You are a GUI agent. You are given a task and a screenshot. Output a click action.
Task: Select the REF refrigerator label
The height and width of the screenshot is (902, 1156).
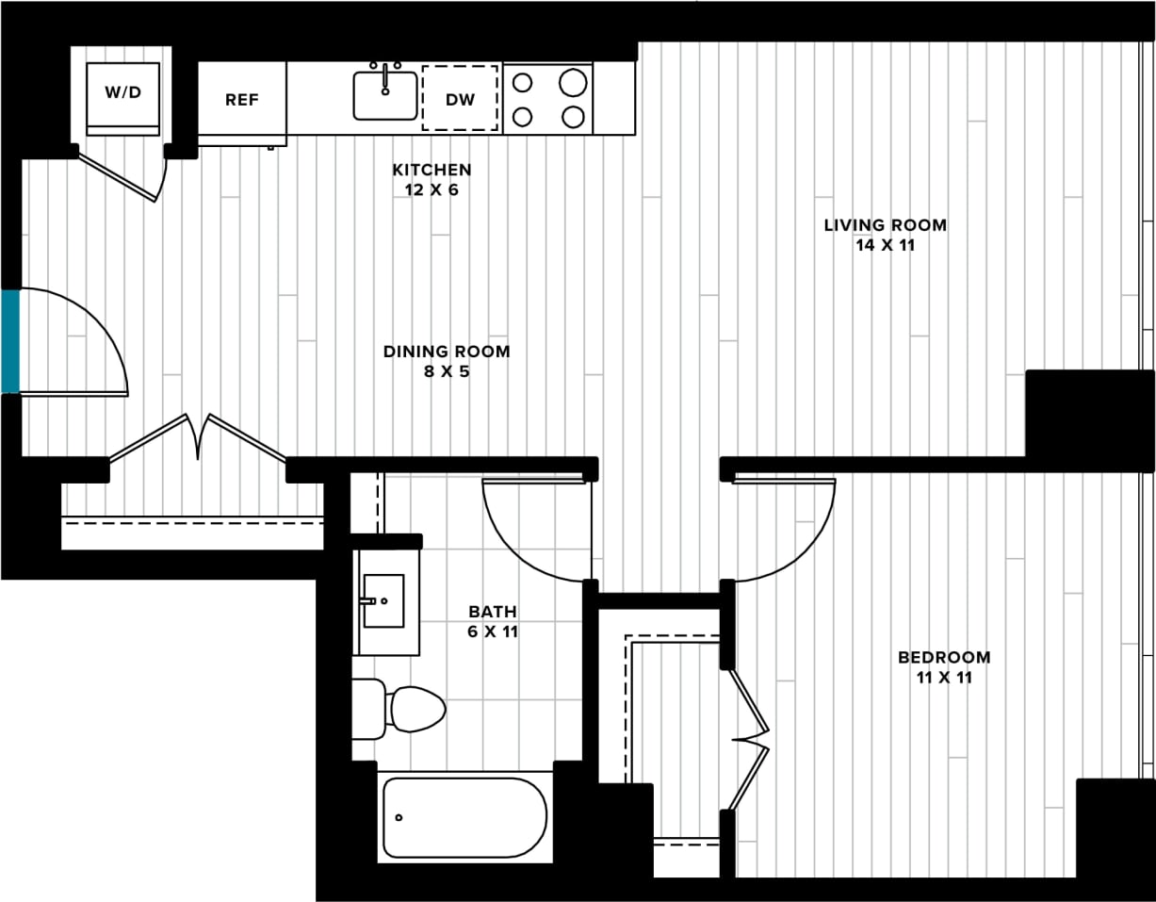(241, 100)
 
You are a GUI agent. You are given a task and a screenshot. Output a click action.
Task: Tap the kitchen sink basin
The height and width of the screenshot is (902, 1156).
(385, 97)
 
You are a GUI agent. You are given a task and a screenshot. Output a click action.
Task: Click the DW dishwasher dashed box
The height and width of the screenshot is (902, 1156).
(460, 98)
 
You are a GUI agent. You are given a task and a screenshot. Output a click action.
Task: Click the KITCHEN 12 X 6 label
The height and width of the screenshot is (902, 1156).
(431, 179)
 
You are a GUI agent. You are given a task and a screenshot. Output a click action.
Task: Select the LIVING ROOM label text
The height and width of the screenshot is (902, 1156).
(885, 225)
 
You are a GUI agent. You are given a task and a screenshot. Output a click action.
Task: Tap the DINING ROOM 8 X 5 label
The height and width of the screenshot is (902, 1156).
(447, 361)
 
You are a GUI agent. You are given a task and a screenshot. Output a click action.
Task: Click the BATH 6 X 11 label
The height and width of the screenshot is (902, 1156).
(493, 622)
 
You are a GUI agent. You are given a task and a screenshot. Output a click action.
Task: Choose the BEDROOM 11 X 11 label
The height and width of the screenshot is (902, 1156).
(943, 667)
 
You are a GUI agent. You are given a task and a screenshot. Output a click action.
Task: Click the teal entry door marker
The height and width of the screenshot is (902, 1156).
(9, 341)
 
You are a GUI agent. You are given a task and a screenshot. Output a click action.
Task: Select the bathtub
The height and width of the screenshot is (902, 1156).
(464, 816)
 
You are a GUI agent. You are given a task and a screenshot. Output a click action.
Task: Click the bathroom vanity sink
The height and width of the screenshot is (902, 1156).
(383, 600)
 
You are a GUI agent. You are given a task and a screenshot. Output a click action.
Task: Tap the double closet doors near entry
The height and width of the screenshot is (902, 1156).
(199, 437)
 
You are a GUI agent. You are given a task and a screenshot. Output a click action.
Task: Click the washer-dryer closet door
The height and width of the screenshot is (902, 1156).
(121, 176)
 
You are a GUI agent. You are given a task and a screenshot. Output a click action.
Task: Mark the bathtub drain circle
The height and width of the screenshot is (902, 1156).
(399, 817)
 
